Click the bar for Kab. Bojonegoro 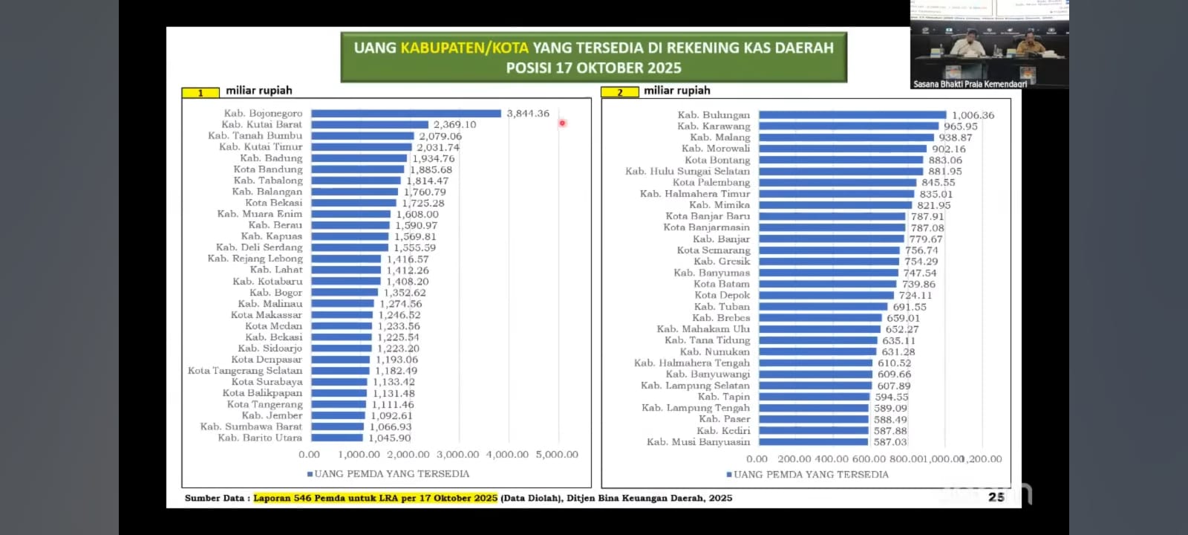click(406, 114)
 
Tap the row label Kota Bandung click(268, 169)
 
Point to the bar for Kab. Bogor click(345, 293)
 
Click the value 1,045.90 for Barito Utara click(389, 438)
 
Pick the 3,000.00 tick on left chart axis click(458, 455)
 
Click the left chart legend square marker click(310, 474)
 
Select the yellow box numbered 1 click(200, 93)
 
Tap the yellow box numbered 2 click(619, 93)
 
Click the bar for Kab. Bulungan click(852, 115)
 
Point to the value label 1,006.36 click(973, 115)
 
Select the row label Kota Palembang click(711, 183)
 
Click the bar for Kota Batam click(827, 284)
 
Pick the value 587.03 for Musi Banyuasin click(890, 442)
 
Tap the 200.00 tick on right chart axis click(794, 459)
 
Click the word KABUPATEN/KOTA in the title click(464, 48)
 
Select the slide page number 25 click(996, 497)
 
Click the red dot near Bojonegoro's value click(562, 123)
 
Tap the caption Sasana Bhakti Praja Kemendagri click(970, 84)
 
